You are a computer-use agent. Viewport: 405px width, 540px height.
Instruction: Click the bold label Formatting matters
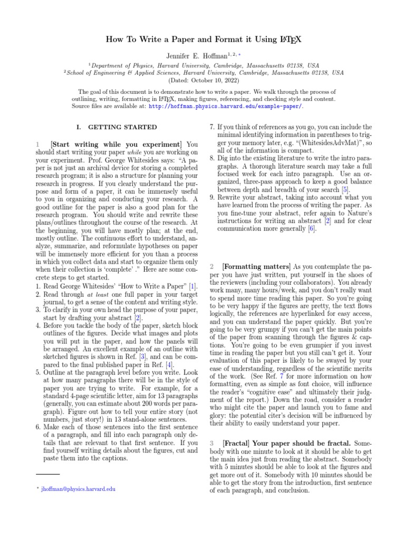coord(256,267)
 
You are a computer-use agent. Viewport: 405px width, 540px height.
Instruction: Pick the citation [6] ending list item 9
coord(312,229)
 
